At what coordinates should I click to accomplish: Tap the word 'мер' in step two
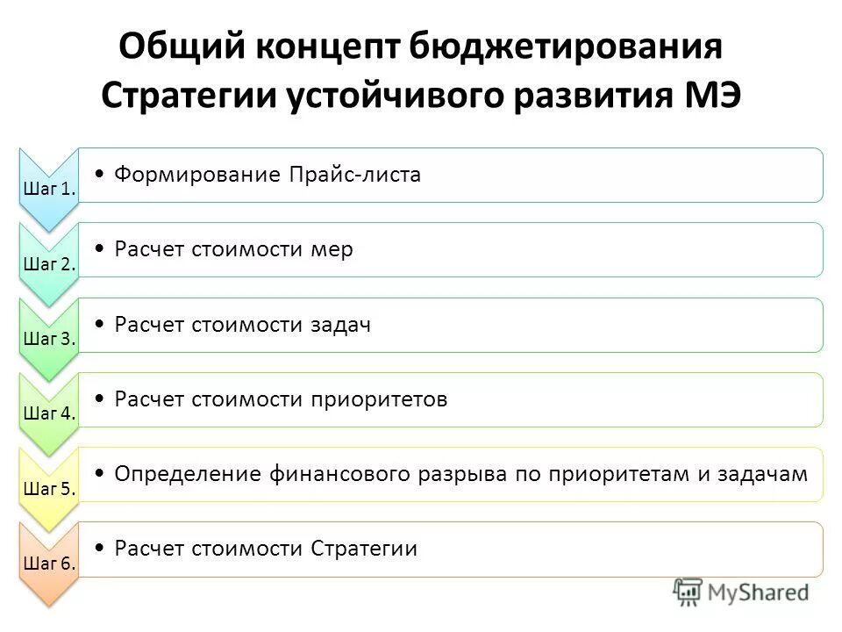pos(332,249)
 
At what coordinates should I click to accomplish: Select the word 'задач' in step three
pos(339,325)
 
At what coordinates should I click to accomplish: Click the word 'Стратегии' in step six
pos(364,549)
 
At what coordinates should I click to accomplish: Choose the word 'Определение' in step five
pos(183,474)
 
